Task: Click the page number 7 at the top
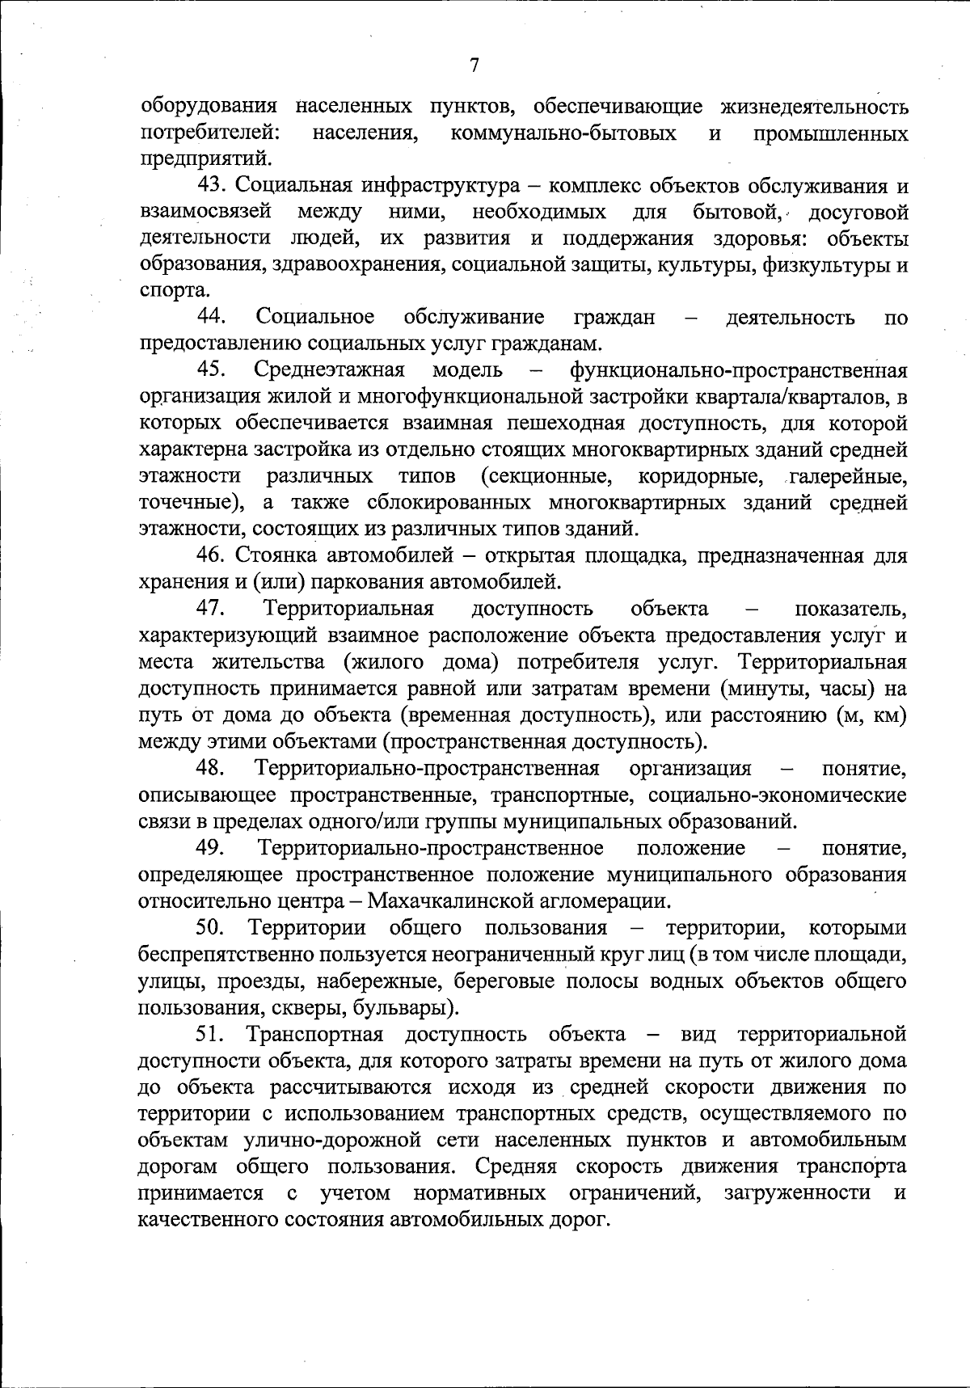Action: (x=474, y=65)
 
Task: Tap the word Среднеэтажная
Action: (x=329, y=370)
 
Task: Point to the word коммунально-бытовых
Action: (x=563, y=133)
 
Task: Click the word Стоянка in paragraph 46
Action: (x=277, y=555)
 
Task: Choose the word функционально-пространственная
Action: (x=738, y=370)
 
